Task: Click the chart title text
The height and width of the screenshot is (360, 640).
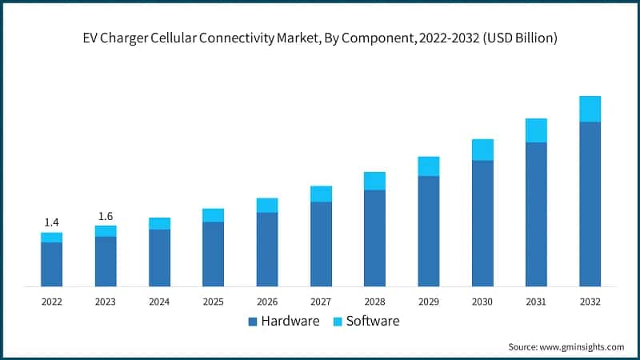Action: (320, 38)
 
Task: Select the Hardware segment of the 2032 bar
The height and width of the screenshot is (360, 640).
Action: (590, 204)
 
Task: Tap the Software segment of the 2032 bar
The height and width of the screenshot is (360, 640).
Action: (590, 109)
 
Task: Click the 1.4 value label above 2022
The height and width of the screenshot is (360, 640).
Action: (51, 222)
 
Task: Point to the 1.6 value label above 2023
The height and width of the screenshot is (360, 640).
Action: (106, 216)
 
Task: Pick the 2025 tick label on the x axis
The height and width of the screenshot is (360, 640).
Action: (213, 302)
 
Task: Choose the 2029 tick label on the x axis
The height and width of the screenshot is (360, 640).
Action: (428, 302)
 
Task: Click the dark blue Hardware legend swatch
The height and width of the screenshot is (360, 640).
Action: (253, 322)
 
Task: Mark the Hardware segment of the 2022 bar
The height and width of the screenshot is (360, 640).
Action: (51, 264)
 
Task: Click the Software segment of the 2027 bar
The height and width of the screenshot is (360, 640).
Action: (321, 194)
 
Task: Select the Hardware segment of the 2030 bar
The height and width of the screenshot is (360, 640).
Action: (482, 223)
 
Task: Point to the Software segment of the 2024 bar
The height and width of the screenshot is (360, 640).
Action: (159, 223)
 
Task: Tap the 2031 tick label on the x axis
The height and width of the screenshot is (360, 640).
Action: (536, 302)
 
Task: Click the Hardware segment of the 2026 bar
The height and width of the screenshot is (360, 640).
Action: (267, 249)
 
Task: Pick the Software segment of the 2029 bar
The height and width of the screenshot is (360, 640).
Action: (428, 166)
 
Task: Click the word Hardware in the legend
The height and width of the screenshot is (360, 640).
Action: (290, 322)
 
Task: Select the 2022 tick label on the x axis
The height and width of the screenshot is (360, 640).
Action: (51, 302)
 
